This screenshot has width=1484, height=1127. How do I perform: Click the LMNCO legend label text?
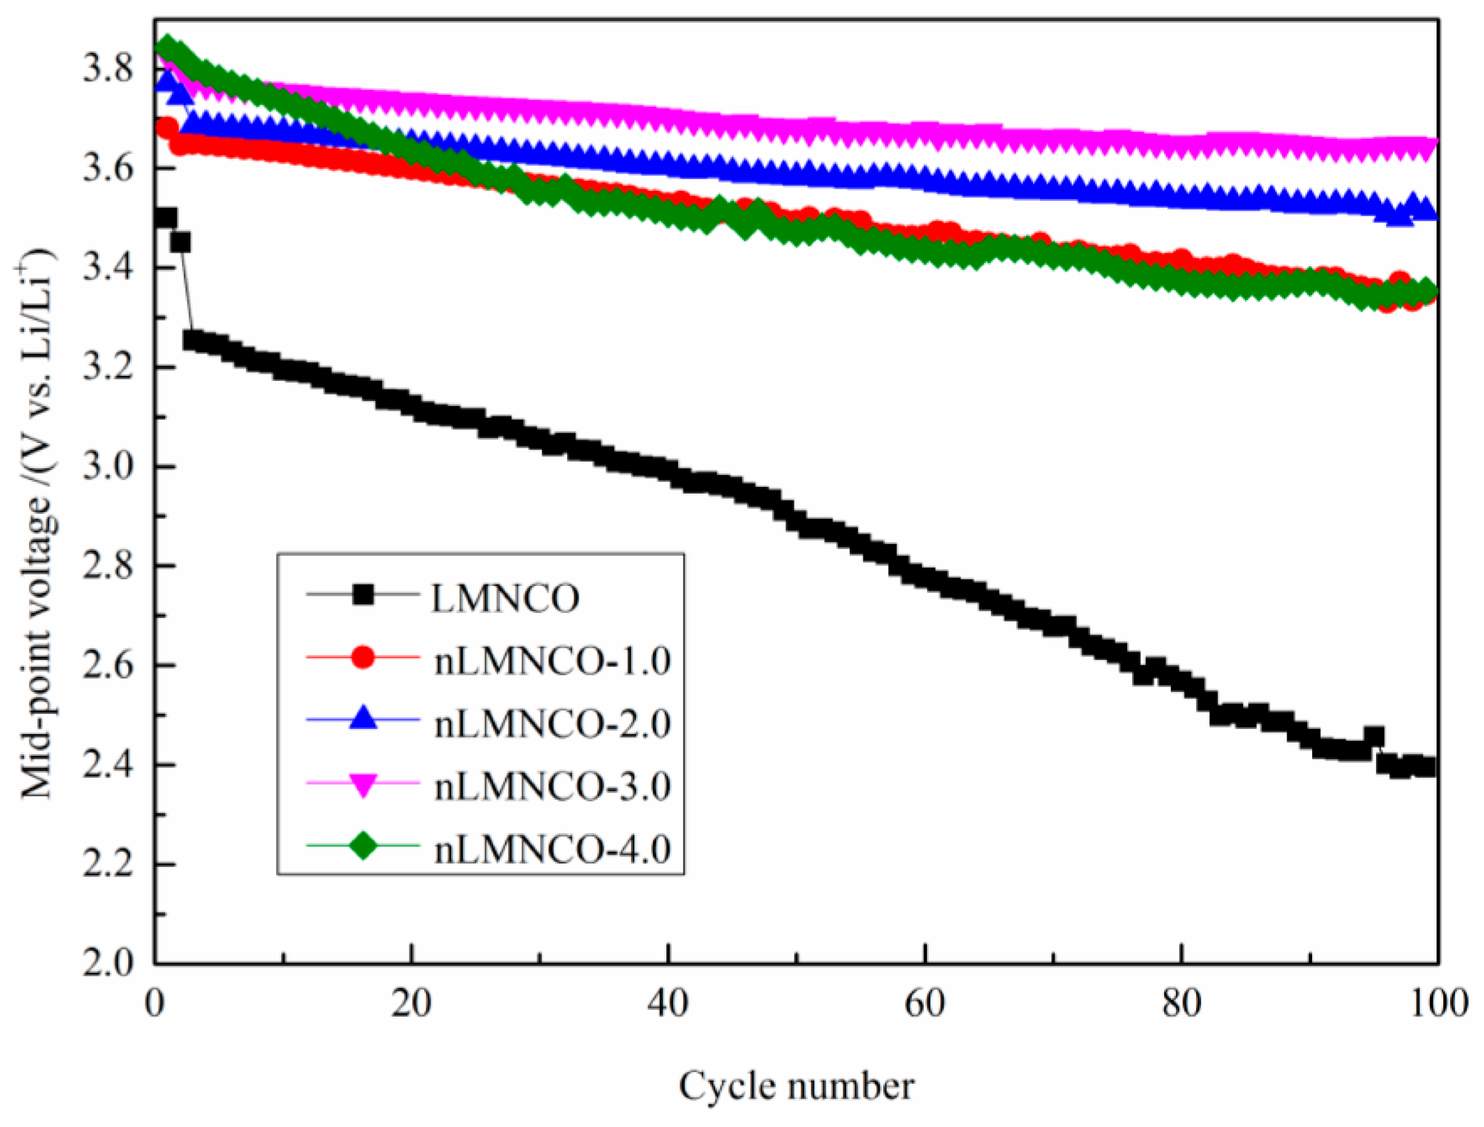point(505,598)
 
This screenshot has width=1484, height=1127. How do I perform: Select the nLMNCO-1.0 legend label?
point(552,661)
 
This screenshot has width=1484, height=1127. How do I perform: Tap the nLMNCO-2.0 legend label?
point(552,725)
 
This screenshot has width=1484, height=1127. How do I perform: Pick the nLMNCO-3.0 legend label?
point(552,787)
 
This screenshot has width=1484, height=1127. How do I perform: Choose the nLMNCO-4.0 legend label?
point(552,850)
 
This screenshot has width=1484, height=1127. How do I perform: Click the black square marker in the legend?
point(364,595)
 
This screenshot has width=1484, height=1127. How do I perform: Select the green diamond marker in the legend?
point(364,846)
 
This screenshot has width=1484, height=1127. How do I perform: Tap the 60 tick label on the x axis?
point(925,1006)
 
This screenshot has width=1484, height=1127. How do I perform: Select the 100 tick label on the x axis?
point(1437,1006)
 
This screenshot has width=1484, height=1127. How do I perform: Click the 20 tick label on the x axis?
point(411,1006)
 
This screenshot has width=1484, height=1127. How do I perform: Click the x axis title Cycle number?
point(796,1086)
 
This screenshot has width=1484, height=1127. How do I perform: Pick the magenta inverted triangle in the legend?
point(364,784)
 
